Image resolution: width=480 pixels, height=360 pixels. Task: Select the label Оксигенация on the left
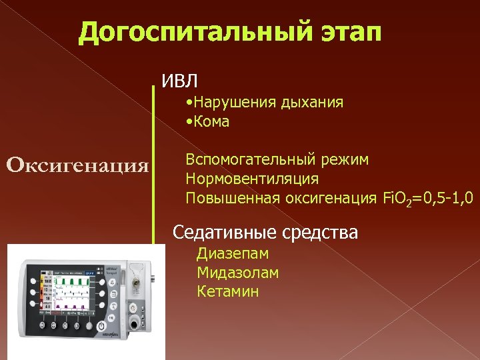click(x=77, y=164)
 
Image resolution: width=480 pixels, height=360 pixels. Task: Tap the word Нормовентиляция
click(x=252, y=179)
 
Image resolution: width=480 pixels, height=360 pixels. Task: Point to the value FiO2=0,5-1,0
click(x=427, y=198)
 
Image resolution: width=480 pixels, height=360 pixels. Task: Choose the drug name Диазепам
click(x=233, y=254)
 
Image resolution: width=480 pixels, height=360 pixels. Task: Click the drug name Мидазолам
click(x=238, y=273)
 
